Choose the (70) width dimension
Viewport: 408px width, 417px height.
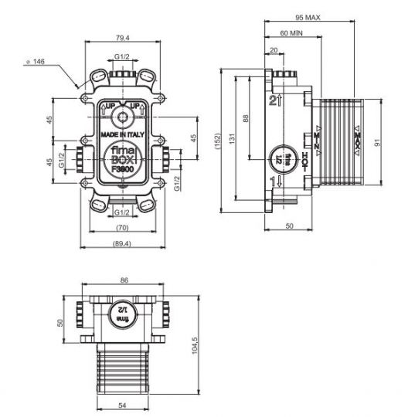click(x=121, y=229)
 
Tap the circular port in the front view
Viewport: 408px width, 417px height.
click(x=121, y=118)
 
